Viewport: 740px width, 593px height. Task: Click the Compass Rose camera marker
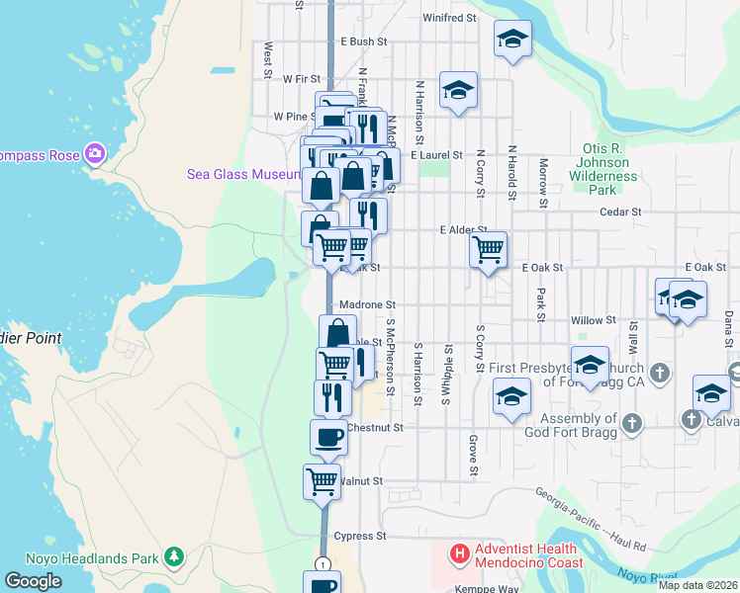pos(95,152)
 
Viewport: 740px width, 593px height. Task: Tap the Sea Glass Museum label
pos(242,174)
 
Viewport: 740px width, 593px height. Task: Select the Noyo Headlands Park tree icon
pos(174,557)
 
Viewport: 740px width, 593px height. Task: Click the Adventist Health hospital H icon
pos(459,555)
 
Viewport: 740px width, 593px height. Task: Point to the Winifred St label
pos(449,18)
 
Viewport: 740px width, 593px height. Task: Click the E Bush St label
pos(363,42)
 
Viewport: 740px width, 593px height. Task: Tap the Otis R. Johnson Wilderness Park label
pos(604,168)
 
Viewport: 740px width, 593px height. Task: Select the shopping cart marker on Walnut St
pos(322,482)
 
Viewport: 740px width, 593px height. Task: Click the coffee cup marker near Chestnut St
pos(328,436)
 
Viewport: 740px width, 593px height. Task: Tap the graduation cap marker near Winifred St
pos(511,40)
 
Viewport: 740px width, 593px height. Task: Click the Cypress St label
pos(359,537)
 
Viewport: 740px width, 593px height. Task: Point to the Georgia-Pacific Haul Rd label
pos(591,519)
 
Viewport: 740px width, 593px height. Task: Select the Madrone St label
pos(367,305)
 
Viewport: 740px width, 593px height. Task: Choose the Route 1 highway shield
pos(322,563)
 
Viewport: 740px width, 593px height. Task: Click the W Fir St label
pos(303,78)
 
